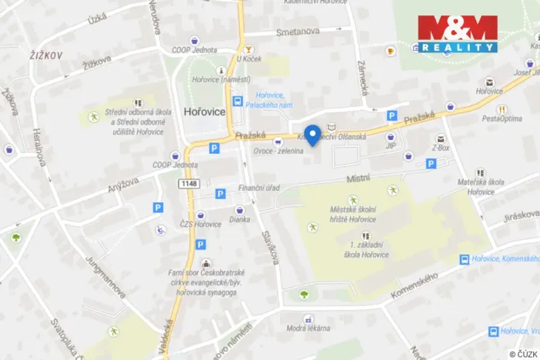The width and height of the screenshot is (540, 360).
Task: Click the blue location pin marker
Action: pos(313,134)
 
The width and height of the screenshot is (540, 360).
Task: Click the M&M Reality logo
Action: pos(458,33)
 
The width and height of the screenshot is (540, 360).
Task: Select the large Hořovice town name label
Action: pos(204,112)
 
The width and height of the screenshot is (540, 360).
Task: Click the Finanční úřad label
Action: pos(258,188)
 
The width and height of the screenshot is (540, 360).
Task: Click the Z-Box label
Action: pos(440,147)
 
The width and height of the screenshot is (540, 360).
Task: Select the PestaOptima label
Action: pos(502,118)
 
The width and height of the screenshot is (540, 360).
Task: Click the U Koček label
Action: pos(250,59)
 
